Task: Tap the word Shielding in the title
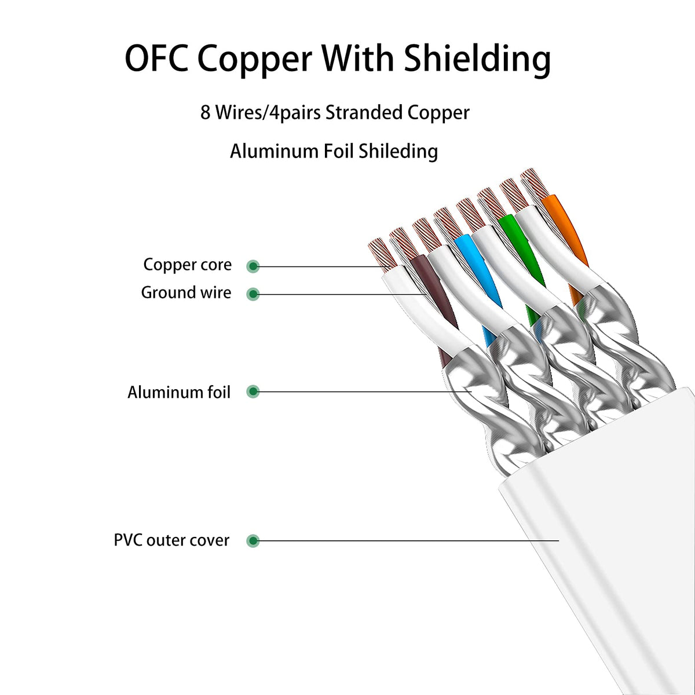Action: click(x=477, y=59)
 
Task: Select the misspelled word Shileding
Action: click(x=398, y=152)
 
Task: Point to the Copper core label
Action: click(x=187, y=265)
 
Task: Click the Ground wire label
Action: click(x=186, y=292)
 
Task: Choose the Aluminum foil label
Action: click(x=179, y=392)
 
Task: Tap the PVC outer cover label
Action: click(x=171, y=540)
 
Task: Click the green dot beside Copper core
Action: click(x=253, y=266)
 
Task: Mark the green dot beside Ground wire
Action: click(x=253, y=294)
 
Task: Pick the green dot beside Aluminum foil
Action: click(x=253, y=392)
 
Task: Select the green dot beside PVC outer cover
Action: click(x=253, y=541)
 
